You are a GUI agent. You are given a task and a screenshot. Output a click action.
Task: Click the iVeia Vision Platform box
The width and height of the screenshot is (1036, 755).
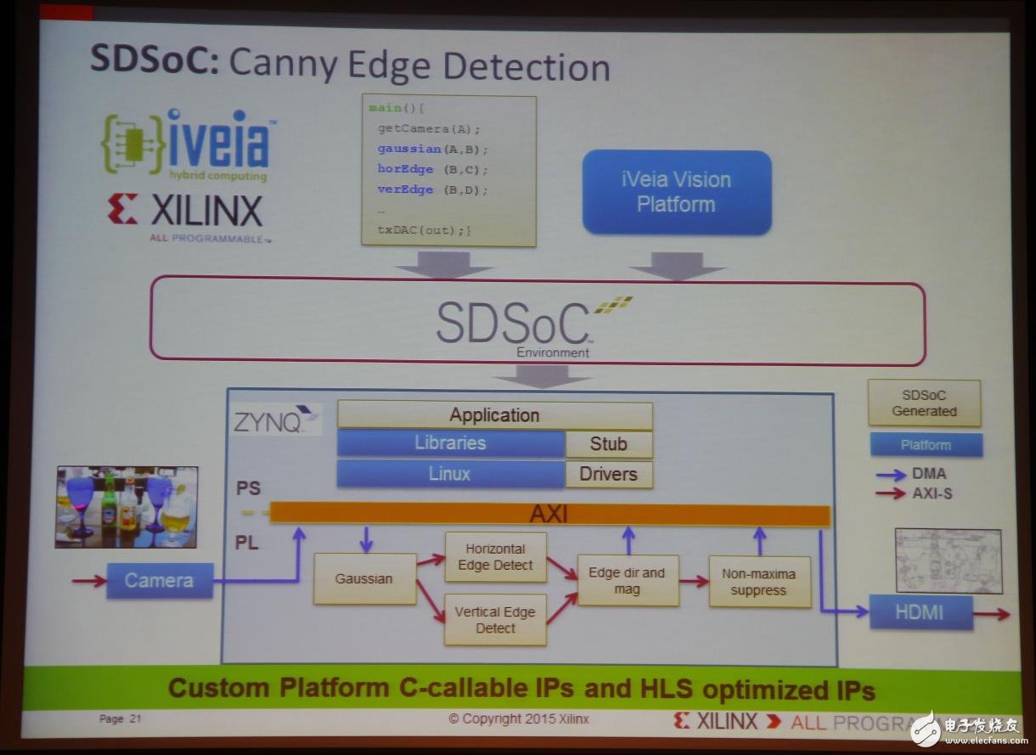677,192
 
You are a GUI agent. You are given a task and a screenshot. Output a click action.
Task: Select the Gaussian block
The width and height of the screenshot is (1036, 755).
364,578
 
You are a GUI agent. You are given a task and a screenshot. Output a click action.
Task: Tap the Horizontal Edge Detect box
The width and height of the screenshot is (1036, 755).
495,557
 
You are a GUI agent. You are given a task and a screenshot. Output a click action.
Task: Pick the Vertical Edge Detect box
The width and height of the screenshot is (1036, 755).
495,620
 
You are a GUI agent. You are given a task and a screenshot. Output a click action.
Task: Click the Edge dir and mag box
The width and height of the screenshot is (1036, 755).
628,581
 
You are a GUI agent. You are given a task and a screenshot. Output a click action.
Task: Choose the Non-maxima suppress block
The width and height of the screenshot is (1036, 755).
759,582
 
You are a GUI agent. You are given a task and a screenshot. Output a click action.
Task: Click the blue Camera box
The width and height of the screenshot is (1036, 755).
160,581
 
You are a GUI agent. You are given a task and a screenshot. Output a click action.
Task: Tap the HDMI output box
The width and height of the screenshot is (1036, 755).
921,612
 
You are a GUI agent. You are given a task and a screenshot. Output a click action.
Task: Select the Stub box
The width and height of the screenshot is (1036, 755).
609,444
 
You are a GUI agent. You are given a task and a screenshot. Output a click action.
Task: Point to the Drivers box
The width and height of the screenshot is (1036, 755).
609,474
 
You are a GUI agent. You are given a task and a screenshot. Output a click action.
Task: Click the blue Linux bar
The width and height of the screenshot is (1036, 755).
450,474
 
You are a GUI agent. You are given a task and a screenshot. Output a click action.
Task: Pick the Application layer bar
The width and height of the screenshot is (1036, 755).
495,415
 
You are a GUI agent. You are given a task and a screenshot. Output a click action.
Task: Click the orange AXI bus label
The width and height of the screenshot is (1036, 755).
549,514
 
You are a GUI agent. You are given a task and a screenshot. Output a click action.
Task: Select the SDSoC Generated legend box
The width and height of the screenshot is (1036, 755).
924,403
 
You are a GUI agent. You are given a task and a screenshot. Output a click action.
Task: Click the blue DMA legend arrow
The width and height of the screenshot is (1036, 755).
891,475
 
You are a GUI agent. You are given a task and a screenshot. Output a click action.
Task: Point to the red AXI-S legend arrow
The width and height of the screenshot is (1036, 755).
891,493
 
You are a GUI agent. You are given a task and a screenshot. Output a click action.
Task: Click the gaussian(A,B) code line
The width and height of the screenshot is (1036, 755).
432,149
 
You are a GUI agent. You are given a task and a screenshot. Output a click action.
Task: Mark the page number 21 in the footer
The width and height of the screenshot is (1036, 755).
135,719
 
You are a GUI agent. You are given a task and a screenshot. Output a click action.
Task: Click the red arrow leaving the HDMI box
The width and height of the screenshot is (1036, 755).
992,614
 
